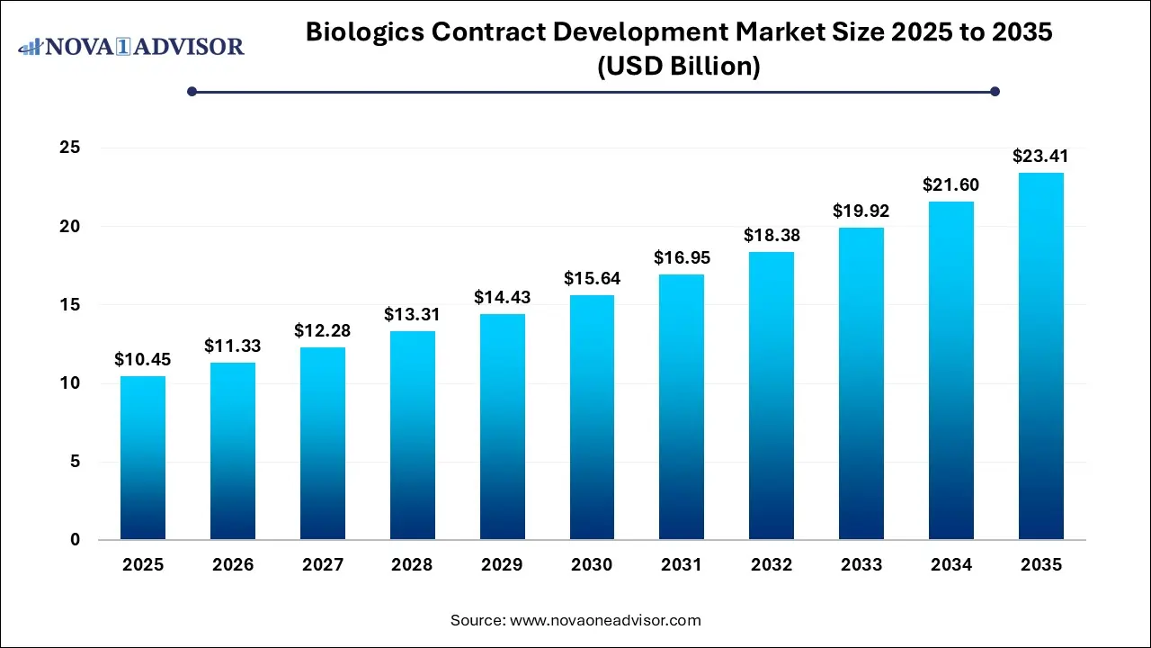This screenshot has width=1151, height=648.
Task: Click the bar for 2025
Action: pos(143,458)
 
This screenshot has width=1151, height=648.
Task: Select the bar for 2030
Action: pos(592,418)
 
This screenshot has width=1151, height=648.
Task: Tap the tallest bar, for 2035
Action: pos(1041,356)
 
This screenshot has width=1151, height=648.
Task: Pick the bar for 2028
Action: pos(412,436)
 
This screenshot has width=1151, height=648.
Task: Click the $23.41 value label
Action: pos(1041,157)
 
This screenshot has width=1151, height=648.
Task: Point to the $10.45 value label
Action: pos(143,360)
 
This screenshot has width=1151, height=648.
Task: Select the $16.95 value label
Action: pos(682,258)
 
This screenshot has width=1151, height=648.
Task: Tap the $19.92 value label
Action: pos(861,211)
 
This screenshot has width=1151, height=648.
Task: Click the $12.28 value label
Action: pos(322,331)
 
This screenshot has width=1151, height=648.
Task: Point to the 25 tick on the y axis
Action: pos(69,148)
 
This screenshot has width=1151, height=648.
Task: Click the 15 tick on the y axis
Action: pos(69,305)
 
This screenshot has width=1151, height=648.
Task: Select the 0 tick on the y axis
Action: pos(76,540)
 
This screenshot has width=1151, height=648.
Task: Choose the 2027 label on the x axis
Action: pos(322,565)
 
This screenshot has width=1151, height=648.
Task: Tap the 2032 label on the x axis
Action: pos(772,565)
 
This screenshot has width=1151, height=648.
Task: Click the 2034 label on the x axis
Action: pos(951,565)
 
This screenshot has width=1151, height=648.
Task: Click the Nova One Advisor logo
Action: pos(131,46)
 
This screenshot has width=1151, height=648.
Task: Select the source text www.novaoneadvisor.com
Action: pos(605,620)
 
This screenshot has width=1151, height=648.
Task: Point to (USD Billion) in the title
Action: pos(679,67)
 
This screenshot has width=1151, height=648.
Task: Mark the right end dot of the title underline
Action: pos(995,91)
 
